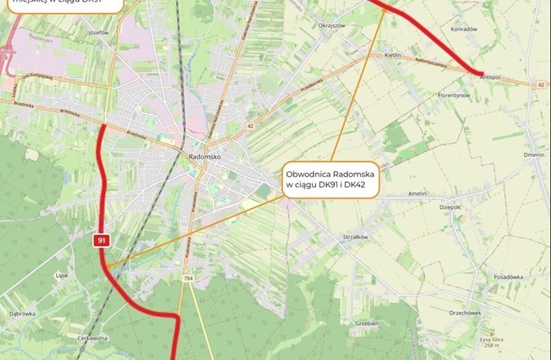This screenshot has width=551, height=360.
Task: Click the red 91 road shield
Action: click(101, 241)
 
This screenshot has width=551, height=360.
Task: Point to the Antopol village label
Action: click(491, 79)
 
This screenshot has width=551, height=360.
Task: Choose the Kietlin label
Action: click(393, 54)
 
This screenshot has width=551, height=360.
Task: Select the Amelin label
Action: click(417, 193)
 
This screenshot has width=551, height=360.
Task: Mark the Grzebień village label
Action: click(367, 323)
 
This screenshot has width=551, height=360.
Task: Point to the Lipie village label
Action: click(61, 276)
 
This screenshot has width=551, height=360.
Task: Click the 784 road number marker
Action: click(188, 278)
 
